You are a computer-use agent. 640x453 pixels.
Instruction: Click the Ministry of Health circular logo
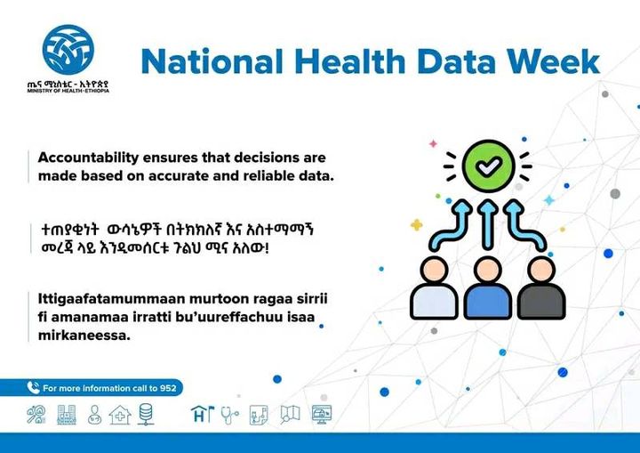68,50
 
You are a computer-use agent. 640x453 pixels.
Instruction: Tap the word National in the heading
212,61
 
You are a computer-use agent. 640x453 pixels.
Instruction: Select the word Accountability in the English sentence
89,158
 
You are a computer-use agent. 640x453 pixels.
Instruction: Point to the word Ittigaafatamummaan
111,299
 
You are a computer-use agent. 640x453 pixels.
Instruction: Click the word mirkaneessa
84,336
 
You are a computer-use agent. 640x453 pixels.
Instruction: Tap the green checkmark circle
488,166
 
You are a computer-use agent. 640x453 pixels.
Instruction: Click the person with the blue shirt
488,287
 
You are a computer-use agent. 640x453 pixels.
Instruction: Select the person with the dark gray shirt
541,287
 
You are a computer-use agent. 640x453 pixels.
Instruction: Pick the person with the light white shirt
435,287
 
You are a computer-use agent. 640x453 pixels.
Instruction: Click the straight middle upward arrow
488,224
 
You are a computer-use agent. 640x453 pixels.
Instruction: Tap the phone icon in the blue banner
33,387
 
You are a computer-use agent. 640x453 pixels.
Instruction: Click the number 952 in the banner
168,388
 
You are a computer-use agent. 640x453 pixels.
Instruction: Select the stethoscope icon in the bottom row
230,415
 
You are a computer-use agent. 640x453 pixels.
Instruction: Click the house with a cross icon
120,415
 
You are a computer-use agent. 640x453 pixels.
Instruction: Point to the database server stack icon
146,414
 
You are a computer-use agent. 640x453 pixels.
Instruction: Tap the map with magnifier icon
290,414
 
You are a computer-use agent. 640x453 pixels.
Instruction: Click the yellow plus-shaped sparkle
416,225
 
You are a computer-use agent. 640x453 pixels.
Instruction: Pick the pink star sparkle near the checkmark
433,143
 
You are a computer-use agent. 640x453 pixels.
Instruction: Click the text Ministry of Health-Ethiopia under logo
68,91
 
